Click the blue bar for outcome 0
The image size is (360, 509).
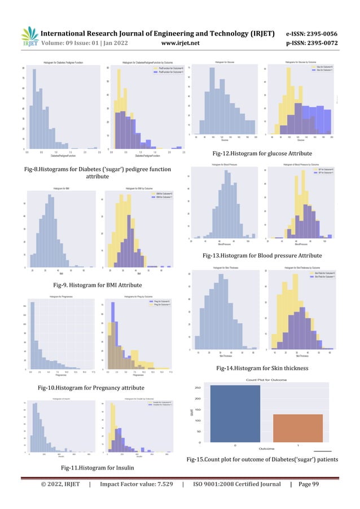coord(235,414)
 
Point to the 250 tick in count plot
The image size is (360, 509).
coord(198,388)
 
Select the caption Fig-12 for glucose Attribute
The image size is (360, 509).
coord(262,153)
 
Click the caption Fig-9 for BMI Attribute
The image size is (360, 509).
coord(93,286)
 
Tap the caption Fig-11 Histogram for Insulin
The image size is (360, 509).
coord(93,468)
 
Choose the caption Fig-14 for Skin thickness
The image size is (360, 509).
coord(262,368)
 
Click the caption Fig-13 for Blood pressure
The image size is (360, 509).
coord(262,256)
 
